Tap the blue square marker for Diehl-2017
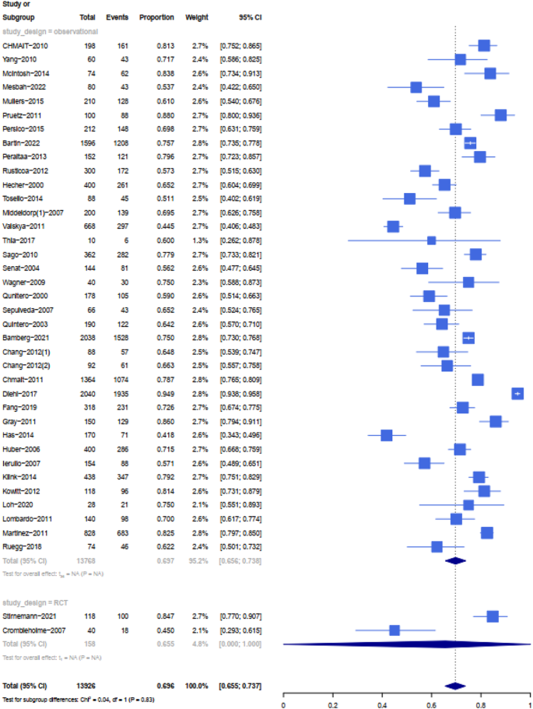517,393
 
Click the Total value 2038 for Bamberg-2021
86,337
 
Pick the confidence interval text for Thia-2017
240,240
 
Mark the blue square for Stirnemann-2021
493,616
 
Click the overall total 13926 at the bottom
86,685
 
